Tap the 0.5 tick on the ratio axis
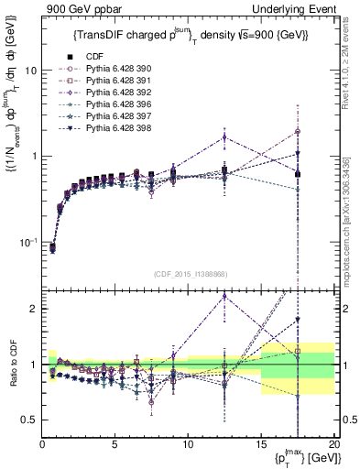29,420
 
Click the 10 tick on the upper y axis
31,71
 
